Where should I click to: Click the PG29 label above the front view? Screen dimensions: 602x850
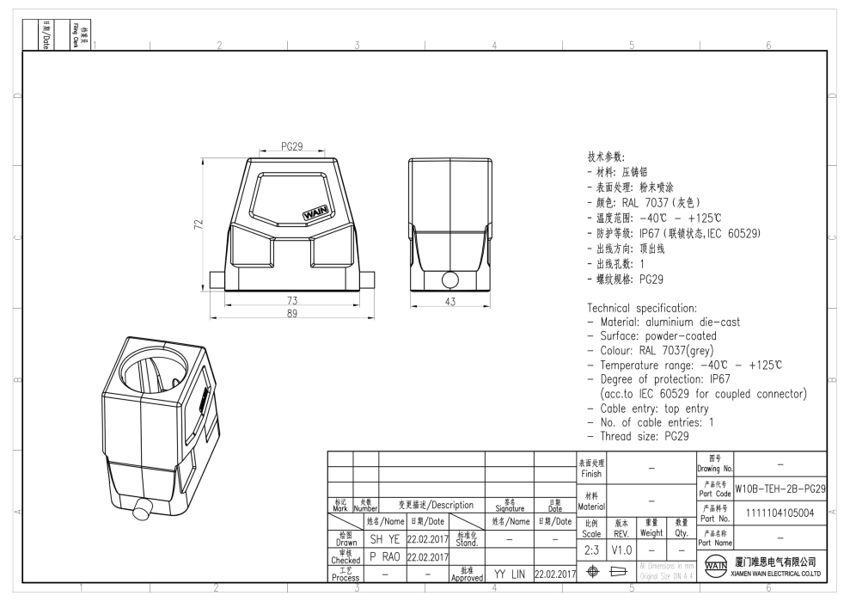point(292,146)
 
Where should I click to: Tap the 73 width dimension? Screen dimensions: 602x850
point(292,299)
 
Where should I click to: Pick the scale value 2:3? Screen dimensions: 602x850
point(591,549)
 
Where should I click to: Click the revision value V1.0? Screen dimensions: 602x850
point(622,549)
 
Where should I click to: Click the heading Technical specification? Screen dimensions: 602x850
point(643,308)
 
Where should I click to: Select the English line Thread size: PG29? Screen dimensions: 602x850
point(639,436)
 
